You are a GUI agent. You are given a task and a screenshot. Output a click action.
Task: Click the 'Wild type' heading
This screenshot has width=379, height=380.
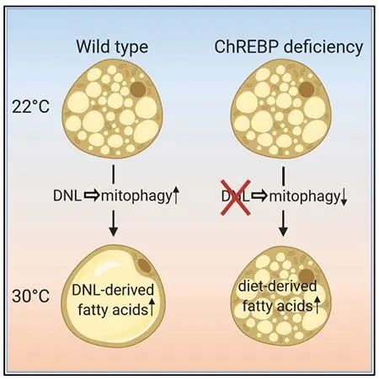tap(112, 47)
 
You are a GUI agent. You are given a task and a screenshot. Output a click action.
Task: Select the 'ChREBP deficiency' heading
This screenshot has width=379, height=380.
tap(289, 47)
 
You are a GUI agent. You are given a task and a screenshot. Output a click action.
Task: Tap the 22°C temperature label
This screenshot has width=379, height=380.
tap(30, 107)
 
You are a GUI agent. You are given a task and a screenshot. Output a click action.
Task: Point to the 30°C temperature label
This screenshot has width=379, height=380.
tap(30, 296)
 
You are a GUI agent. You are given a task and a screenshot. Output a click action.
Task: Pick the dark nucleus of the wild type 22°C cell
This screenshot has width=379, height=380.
tap(138, 89)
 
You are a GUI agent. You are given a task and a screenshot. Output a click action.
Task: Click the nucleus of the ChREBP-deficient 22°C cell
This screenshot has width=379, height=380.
tap(307, 89)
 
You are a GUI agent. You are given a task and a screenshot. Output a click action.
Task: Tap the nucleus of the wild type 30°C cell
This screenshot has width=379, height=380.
tap(144, 265)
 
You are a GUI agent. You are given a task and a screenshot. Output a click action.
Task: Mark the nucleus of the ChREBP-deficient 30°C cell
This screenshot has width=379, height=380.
tap(307, 276)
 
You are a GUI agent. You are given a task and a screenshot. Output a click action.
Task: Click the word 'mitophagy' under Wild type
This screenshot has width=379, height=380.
tap(136, 196)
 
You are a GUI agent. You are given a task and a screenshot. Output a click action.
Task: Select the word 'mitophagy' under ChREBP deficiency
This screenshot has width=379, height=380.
tap(305, 196)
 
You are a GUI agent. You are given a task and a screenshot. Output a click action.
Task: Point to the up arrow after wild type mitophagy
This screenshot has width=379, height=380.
tap(175, 195)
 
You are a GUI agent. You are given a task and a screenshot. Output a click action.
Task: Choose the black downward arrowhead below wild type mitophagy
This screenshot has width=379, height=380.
tap(113, 231)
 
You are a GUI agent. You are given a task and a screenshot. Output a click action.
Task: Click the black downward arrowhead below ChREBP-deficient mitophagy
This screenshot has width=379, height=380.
tap(283, 231)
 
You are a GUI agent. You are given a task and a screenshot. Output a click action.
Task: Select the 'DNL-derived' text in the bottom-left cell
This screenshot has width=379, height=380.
tap(113, 290)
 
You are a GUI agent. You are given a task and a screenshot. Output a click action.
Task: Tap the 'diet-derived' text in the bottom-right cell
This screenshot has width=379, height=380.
tap(277, 286)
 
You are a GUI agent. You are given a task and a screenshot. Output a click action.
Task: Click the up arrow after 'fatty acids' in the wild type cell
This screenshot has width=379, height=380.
tap(152, 308)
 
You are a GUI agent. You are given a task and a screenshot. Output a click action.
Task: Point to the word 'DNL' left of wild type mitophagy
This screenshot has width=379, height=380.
tap(67, 195)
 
